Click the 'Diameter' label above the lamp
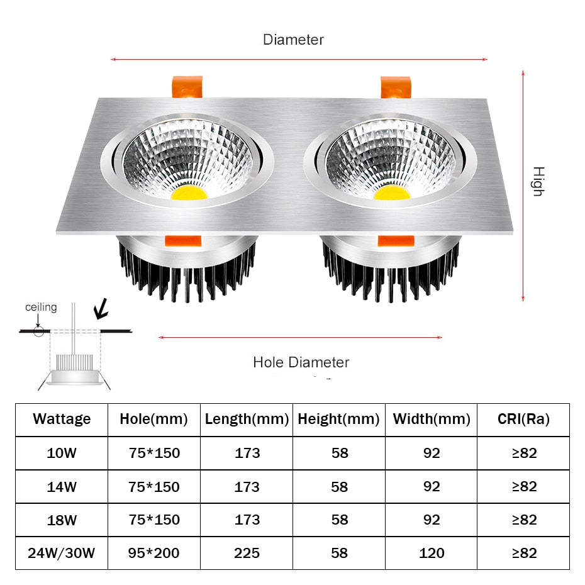coord(293,40)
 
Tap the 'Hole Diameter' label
coord(301,362)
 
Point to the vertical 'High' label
coord(537,182)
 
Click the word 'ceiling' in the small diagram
coord(41,308)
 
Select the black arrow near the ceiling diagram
coord(100,309)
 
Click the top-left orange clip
coord(187,87)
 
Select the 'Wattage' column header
coord(62,419)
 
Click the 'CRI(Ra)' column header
coord(523,419)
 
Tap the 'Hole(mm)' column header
coord(154,419)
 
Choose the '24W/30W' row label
coord(62,553)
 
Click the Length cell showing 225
coord(247,553)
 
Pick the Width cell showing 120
coord(432,553)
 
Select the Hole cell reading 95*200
coord(154,553)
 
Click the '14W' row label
coord(62,486)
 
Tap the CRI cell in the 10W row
coord(523,453)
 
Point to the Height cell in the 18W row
coord(339,520)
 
